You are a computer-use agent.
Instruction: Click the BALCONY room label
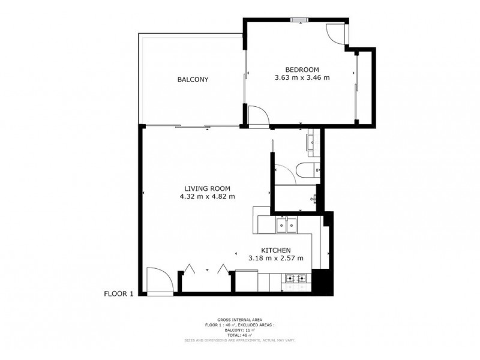tap(193, 80)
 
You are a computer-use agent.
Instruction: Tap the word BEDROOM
tap(302, 69)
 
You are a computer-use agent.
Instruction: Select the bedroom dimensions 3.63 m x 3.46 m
tap(302, 77)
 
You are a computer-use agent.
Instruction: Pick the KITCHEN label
tap(276, 250)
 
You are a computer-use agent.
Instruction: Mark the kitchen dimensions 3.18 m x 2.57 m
tap(276, 259)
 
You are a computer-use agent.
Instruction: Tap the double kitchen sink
tap(287, 226)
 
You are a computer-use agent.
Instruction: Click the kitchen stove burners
tap(296, 278)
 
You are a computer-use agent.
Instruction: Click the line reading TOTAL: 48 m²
tap(240, 335)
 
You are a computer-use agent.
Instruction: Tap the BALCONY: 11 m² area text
tap(240, 331)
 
